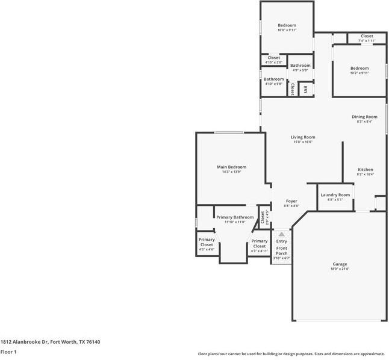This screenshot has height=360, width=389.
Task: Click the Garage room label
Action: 340,264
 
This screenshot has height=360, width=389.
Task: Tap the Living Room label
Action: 303,137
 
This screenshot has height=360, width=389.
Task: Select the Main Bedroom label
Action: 231,167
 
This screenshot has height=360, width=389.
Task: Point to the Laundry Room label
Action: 335,194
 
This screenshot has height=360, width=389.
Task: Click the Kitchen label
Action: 366,170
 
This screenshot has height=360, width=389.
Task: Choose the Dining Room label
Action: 364,117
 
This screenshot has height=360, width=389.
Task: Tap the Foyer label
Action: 291,201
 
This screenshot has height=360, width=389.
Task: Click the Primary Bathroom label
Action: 235,217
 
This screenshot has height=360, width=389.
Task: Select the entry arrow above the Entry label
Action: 281,234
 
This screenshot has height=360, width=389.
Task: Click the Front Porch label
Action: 282,250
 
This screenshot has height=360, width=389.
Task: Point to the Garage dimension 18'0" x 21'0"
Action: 340,269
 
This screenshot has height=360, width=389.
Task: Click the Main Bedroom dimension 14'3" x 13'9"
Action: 231,172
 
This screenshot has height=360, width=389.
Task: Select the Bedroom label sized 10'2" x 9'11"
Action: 359,68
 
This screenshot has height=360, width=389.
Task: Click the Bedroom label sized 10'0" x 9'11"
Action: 287,25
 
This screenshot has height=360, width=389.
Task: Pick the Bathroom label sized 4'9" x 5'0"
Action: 300,65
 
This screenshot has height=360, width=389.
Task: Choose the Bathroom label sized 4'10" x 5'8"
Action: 273,79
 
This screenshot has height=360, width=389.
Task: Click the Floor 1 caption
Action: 8,352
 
